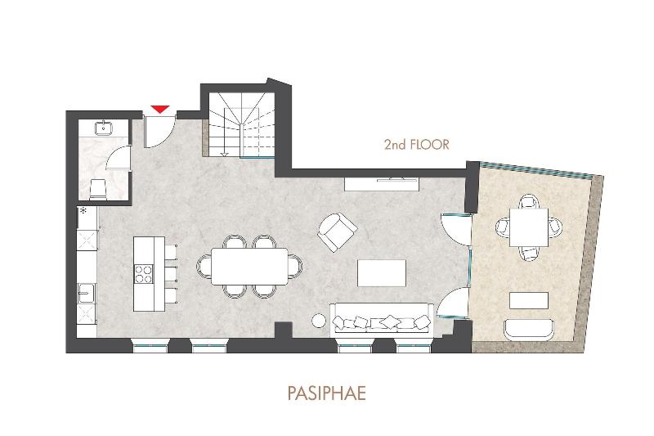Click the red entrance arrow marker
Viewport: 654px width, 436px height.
(160, 110)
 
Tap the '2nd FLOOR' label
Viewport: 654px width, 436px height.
(417, 144)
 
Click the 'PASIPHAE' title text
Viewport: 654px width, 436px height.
(326, 393)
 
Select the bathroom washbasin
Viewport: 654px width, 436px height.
(103, 128)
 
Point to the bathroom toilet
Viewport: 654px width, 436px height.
(98, 189)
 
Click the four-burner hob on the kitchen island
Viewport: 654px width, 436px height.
(143, 275)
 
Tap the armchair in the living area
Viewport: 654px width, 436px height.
(337, 231)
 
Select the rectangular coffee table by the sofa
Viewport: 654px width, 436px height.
(382, 273)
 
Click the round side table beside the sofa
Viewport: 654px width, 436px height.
(320, 321)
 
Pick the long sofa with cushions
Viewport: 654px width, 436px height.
(382, 319)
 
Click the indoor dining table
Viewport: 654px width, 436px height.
(249, 267)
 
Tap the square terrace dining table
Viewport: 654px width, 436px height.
(529, 227)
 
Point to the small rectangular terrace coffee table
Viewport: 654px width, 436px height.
(529, 300)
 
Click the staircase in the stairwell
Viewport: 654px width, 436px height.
(242, 125)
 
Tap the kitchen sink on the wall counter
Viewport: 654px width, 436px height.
(87, 294)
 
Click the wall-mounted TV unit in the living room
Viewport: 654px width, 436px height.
(382, 184)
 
